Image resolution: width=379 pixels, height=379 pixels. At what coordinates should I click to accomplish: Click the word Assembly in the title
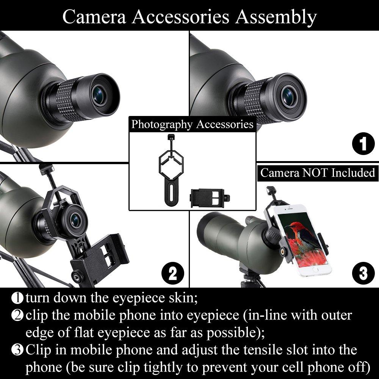(x=276, y=17)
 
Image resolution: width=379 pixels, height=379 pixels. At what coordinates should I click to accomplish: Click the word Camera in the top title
(x=94, y=17)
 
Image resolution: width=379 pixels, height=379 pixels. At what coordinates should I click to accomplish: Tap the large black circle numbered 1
(x=363, y=144)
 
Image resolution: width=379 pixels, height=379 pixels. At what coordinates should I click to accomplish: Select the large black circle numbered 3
(x=363, y=273)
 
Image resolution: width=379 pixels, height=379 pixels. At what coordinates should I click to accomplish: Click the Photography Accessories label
(x=193, y=124)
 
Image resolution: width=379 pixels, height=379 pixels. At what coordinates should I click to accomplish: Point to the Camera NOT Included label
(x=318, y=173)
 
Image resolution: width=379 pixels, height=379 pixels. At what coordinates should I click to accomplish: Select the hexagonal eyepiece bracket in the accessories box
(x=171, y=169)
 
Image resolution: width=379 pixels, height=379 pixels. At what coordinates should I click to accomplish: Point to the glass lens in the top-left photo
(x=99, y=95)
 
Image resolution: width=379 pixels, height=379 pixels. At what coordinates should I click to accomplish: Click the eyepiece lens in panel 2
(x=76, y=221)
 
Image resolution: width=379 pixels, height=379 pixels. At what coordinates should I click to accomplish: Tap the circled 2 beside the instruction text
(x=17, y=315)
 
